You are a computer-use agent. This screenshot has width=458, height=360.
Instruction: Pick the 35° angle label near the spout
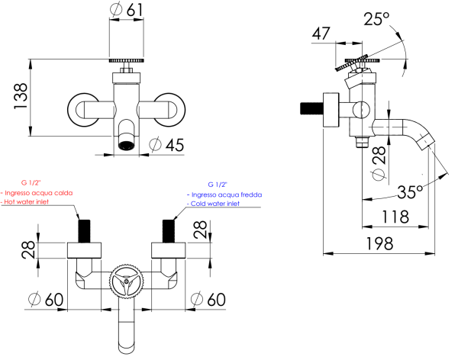409,191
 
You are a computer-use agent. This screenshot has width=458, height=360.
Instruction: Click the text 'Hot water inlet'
37,203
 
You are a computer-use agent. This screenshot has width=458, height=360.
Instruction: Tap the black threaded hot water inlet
85,230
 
